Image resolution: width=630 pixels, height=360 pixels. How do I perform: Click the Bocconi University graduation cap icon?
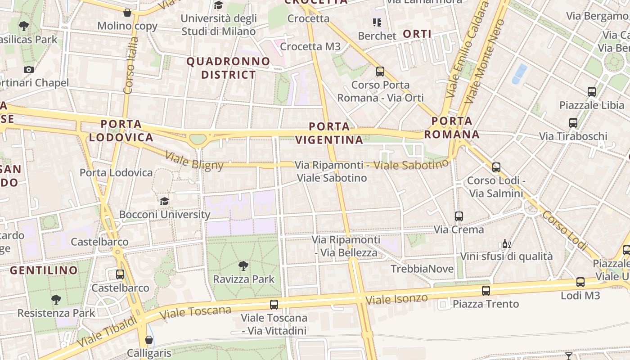pos(164,201)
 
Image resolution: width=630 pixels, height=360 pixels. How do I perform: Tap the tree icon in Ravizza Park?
pos(243,265)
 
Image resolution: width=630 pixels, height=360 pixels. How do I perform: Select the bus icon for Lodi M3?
pos(580,282)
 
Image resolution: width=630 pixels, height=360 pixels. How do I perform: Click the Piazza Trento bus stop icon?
pos(486,290)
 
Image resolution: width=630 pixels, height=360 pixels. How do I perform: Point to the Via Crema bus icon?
pos(459,216)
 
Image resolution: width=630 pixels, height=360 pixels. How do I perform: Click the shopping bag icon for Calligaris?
pos(149,339)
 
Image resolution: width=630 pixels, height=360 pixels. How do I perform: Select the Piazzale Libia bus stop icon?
pos(592,92)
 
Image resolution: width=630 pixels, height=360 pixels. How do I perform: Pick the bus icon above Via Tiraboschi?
pos(573,122)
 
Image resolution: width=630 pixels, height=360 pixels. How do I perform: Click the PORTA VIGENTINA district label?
pos(330,133)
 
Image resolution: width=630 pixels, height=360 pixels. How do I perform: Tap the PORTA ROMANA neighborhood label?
pos(452,127)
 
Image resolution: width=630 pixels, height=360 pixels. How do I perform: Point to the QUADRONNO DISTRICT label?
pos(229,68)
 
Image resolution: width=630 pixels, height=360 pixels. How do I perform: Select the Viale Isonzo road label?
pos(396,298)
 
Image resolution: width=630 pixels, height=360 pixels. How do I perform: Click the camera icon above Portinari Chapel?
pos(29,69)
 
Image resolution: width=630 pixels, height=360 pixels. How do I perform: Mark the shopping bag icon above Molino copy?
pos(127,13)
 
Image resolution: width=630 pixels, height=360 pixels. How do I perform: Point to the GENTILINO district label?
pos(44,270)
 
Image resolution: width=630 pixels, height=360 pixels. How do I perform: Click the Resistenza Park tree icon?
pos(56,299)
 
